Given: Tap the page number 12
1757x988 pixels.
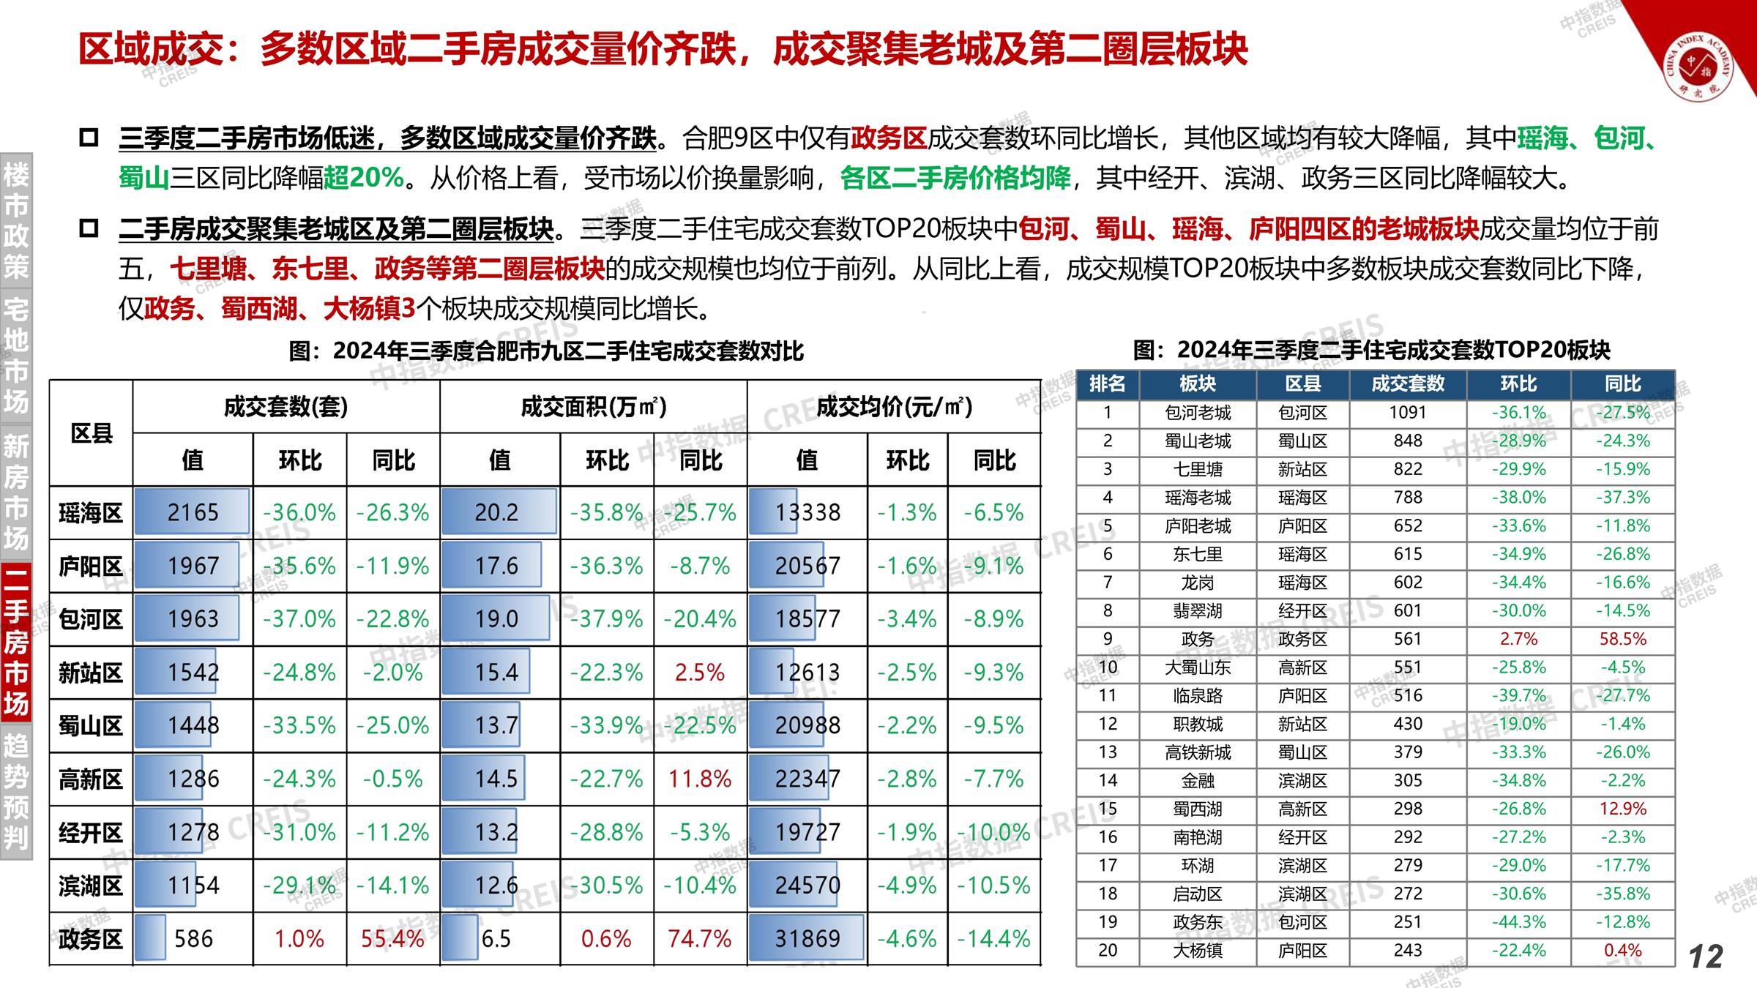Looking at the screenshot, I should point(1706,957).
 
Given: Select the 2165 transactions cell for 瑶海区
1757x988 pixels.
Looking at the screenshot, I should point(193,512).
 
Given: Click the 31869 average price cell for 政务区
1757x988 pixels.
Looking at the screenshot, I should point(807,938).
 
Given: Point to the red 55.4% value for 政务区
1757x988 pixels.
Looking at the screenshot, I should point(392,938).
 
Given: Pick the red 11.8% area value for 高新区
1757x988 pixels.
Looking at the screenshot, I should point(699,779).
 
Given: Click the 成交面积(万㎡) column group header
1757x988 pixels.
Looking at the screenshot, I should point(593,406).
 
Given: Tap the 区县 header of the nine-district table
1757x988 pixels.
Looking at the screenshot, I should point(92,433).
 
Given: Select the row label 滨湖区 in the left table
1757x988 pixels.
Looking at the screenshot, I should point(91,886).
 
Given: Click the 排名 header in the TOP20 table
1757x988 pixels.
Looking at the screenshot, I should point(1107,383).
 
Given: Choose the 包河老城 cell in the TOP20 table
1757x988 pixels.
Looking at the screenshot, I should point(1198,413).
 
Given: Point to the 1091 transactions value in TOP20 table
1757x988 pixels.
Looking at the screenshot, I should point(1407,413).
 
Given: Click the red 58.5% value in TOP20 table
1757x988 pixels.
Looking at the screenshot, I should point(1622,639).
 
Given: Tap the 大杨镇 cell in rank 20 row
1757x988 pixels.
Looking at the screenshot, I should point(1198,951).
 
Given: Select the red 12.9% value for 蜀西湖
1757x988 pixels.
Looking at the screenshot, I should point(1622,809).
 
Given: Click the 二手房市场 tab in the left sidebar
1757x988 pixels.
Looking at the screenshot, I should point(16,640).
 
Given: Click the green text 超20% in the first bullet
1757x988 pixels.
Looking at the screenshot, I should point(364,178).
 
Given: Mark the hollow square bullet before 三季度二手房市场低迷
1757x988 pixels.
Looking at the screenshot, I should point(89,138).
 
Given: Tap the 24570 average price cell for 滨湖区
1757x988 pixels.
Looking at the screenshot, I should point(807,886).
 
